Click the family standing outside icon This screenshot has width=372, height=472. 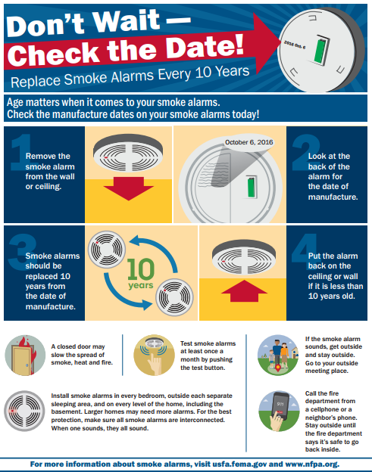(276, 353)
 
